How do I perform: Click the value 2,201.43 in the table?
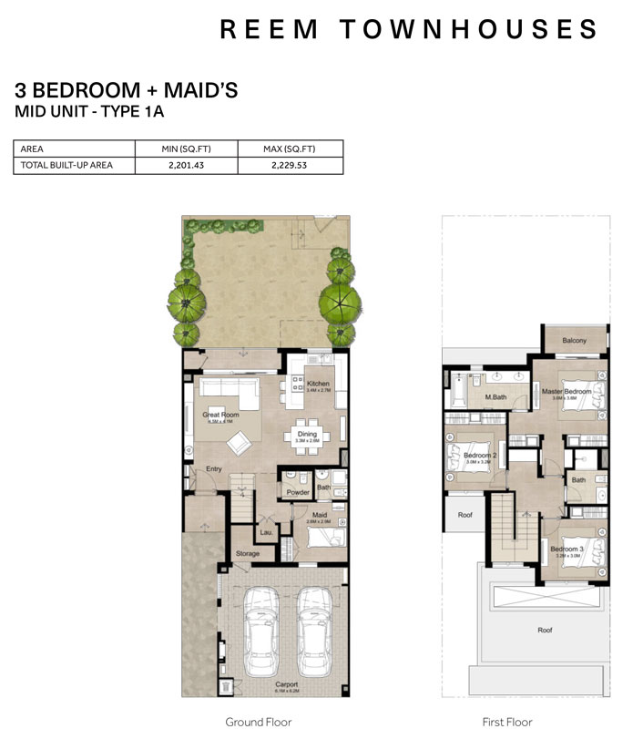(x=186, y=166)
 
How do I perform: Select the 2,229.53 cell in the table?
(x=290, y=166)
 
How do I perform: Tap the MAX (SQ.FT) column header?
(x=290, y=149)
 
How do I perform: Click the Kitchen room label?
(x=318, y=384)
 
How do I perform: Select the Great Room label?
(x=219, y=415)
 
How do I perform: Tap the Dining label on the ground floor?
(x=307, y=434)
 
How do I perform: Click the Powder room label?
(x=298, y=492)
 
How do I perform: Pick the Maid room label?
(x=319, y=515)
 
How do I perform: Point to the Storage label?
(x=248, y=553)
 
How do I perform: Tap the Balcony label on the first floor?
(x=574, y=341)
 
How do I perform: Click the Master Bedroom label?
(x=572, y=391)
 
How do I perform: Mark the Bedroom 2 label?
(x=479, y=455)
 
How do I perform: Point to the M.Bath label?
(x=495, y=397)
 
